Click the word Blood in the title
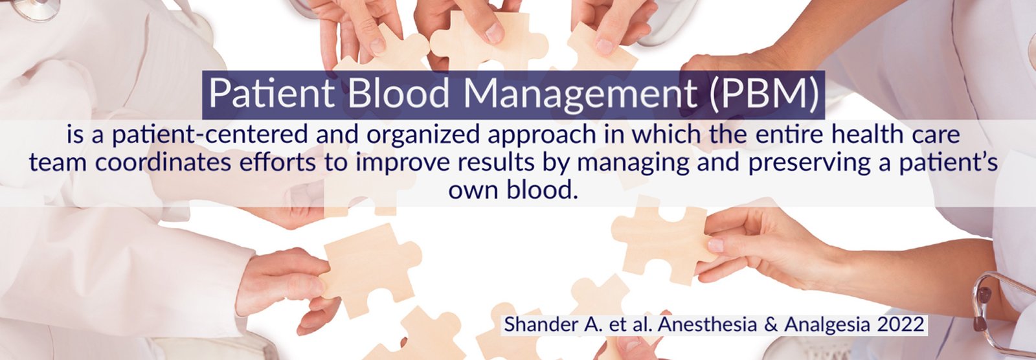(x=398, y=93)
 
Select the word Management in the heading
(x=580, y=94)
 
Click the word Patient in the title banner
(x=271, y=93)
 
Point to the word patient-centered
(x=210, y=135)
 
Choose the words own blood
(x=513, y=190)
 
